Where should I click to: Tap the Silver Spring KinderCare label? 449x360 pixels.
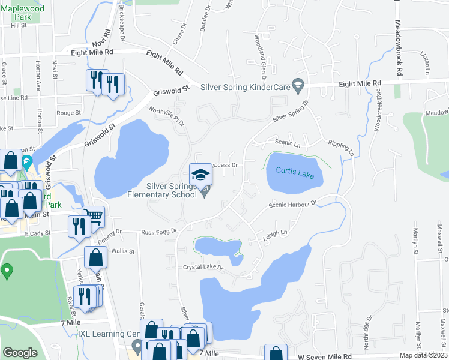click(245, 87)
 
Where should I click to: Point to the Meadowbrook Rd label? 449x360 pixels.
click(397, 48)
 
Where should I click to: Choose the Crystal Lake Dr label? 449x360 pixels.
click(203, 267)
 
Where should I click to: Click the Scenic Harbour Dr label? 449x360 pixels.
click(292, 203)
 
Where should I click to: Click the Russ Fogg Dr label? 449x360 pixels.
click(159, 231)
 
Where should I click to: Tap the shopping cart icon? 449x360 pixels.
click(93, 215)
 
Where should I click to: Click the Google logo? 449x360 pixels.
click(20, 353)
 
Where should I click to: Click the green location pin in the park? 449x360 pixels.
click(7, 271)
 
